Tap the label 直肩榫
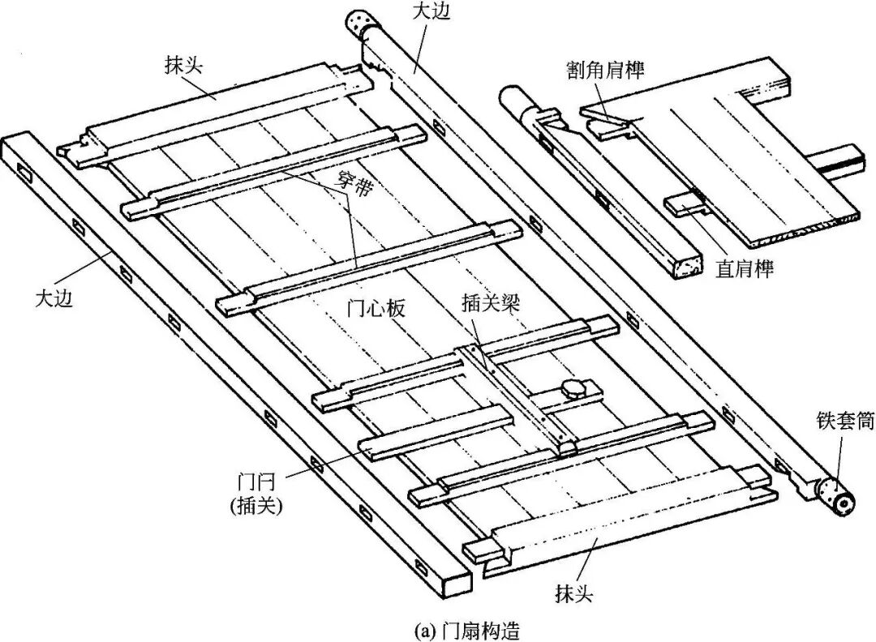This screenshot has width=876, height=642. tap(745, 268)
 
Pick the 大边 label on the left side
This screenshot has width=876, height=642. tap(55, 297)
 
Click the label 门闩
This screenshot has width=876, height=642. tap(255, 483)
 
